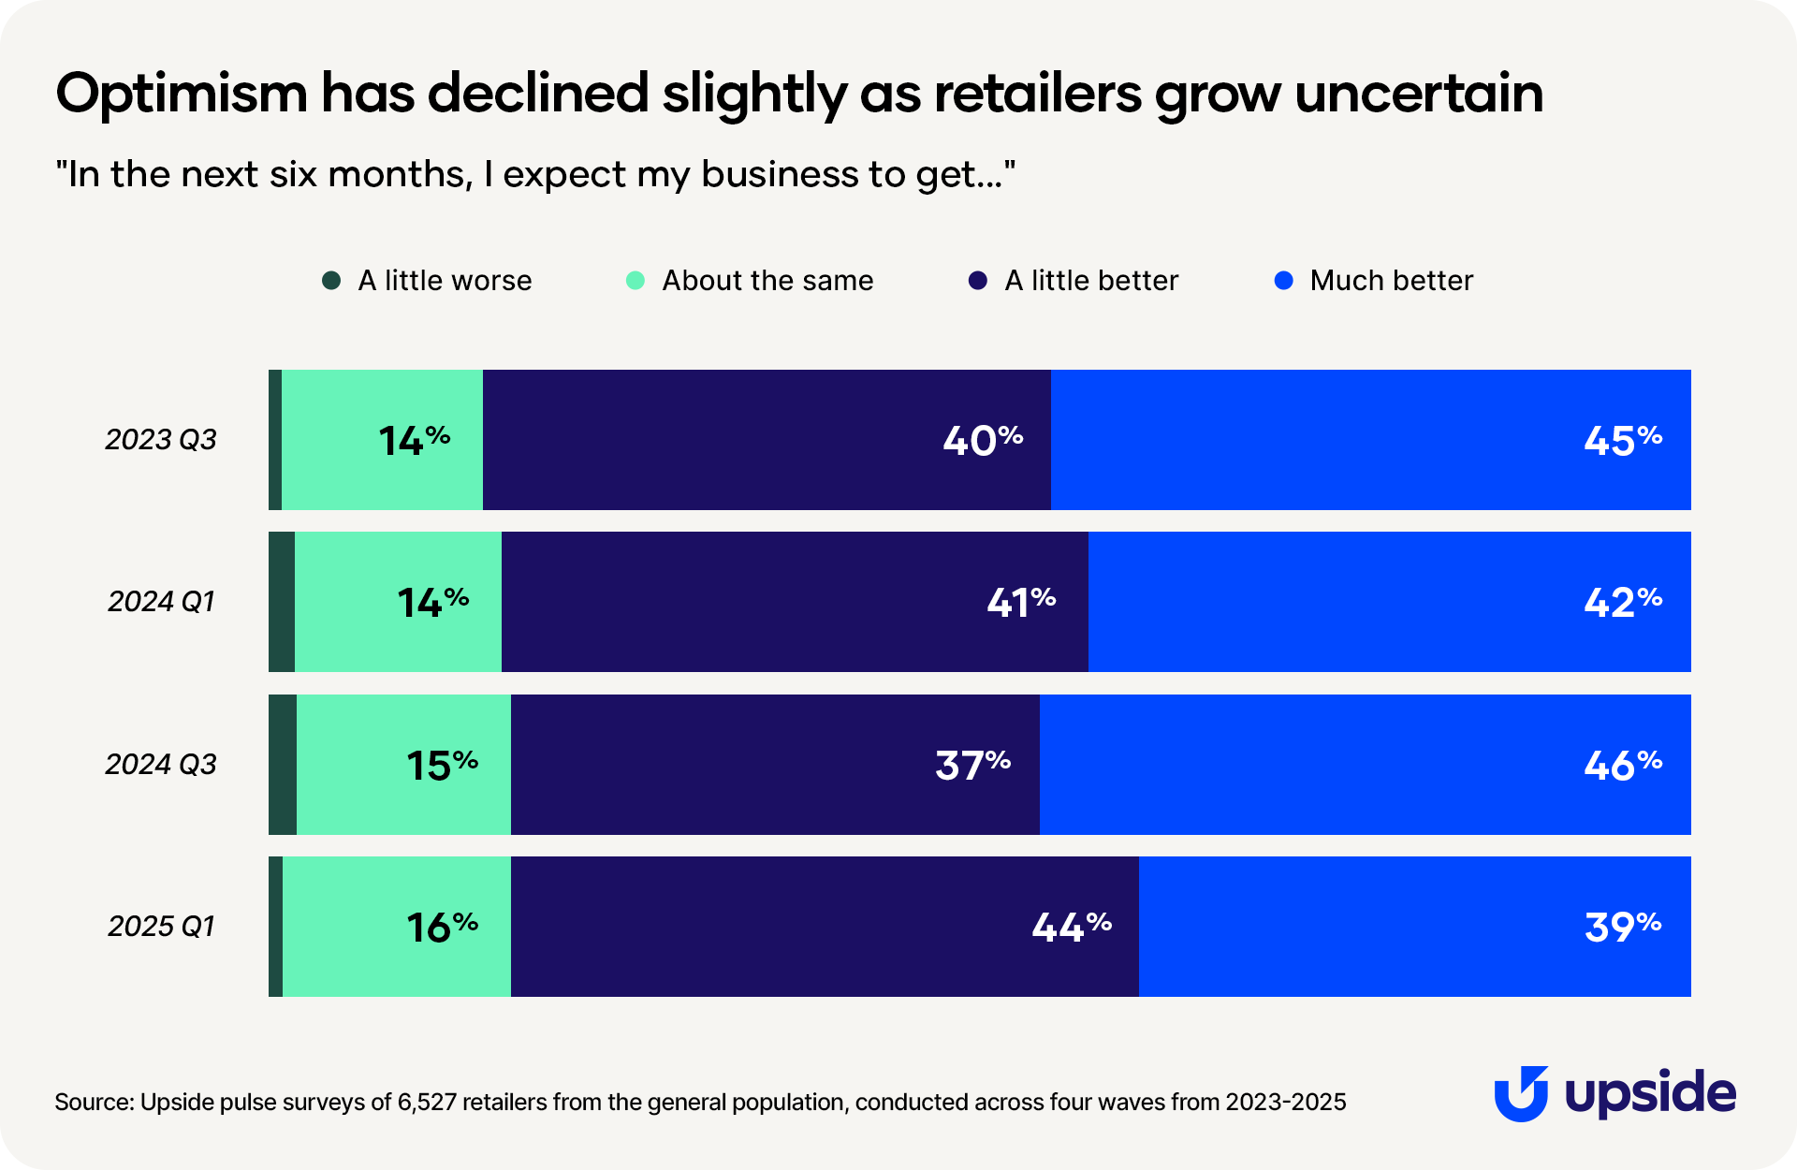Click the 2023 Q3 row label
[161, 439]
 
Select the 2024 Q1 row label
[161, 601]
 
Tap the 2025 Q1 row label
[161, 926]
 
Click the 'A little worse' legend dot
[331, 281]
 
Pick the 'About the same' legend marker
[636, 281]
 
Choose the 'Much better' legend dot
[1284, 281]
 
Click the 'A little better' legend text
[1091, 281]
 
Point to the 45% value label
[1623, 440]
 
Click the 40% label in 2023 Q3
[983, 440]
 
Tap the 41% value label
[1021, 602]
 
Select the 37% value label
[972, 765]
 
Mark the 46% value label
[1623, 765]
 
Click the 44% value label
[1072, 927]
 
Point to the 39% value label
[1623, 927]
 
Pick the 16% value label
[442, 927]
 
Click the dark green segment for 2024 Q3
[283, 765]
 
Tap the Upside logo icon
[1521, 1093]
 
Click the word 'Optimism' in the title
[182, 94]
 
